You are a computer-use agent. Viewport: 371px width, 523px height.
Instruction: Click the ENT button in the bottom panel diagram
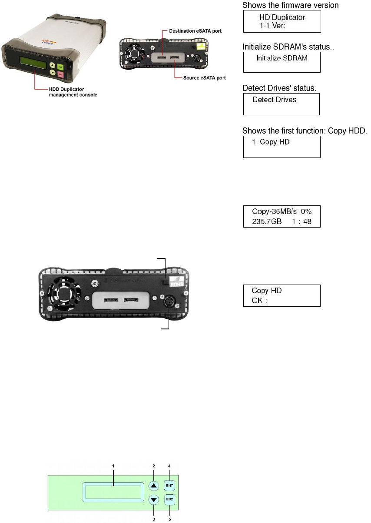[x=169, y=485]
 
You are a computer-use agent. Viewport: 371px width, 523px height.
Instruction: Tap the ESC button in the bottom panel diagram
[x=169, y=499]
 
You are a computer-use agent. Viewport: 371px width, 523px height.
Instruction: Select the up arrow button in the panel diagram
[x=154, y=486]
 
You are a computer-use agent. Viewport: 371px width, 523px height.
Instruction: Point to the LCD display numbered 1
[x=113, y=492]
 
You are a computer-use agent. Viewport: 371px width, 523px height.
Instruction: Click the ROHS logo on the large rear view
[x=178, y=282]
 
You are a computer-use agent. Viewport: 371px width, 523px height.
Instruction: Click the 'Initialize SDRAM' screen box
[x=281, y=62]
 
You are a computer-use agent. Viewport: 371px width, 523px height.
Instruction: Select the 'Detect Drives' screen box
[x=280, y=104]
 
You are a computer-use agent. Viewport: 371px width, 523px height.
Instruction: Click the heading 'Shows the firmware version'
[x=290, y=5]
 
